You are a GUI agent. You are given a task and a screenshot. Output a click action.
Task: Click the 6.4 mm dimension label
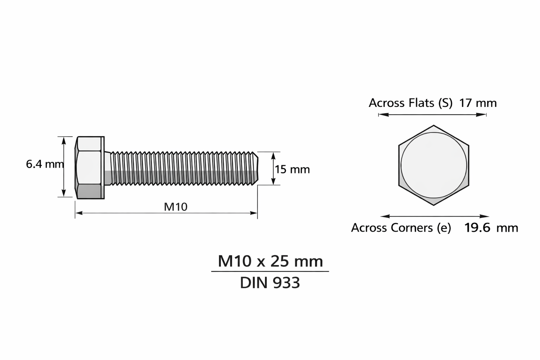(44, 164)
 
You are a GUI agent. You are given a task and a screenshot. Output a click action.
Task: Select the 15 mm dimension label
(292, 169)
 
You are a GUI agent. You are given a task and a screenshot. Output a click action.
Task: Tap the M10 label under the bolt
(176, 206)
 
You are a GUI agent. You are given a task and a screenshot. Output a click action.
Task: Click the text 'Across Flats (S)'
(410, 103)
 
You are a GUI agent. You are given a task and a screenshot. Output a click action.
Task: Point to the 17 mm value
(478, 103)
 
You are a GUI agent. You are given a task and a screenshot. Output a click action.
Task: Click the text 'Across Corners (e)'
(401, 228)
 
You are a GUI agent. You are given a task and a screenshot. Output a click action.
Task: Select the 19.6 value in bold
(477, 228)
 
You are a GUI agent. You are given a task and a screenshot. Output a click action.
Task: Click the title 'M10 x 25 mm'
(270, 261)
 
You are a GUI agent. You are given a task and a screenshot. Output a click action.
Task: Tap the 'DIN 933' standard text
(270, 283)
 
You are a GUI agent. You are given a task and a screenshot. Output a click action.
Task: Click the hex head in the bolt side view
(90, 167)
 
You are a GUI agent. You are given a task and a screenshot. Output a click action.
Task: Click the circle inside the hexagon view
(433, 165)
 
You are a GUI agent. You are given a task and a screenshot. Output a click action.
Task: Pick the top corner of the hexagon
(433, 126)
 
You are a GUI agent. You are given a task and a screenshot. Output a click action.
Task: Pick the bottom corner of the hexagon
(433, 204)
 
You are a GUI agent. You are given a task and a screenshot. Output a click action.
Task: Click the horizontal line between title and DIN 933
(270, 271)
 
